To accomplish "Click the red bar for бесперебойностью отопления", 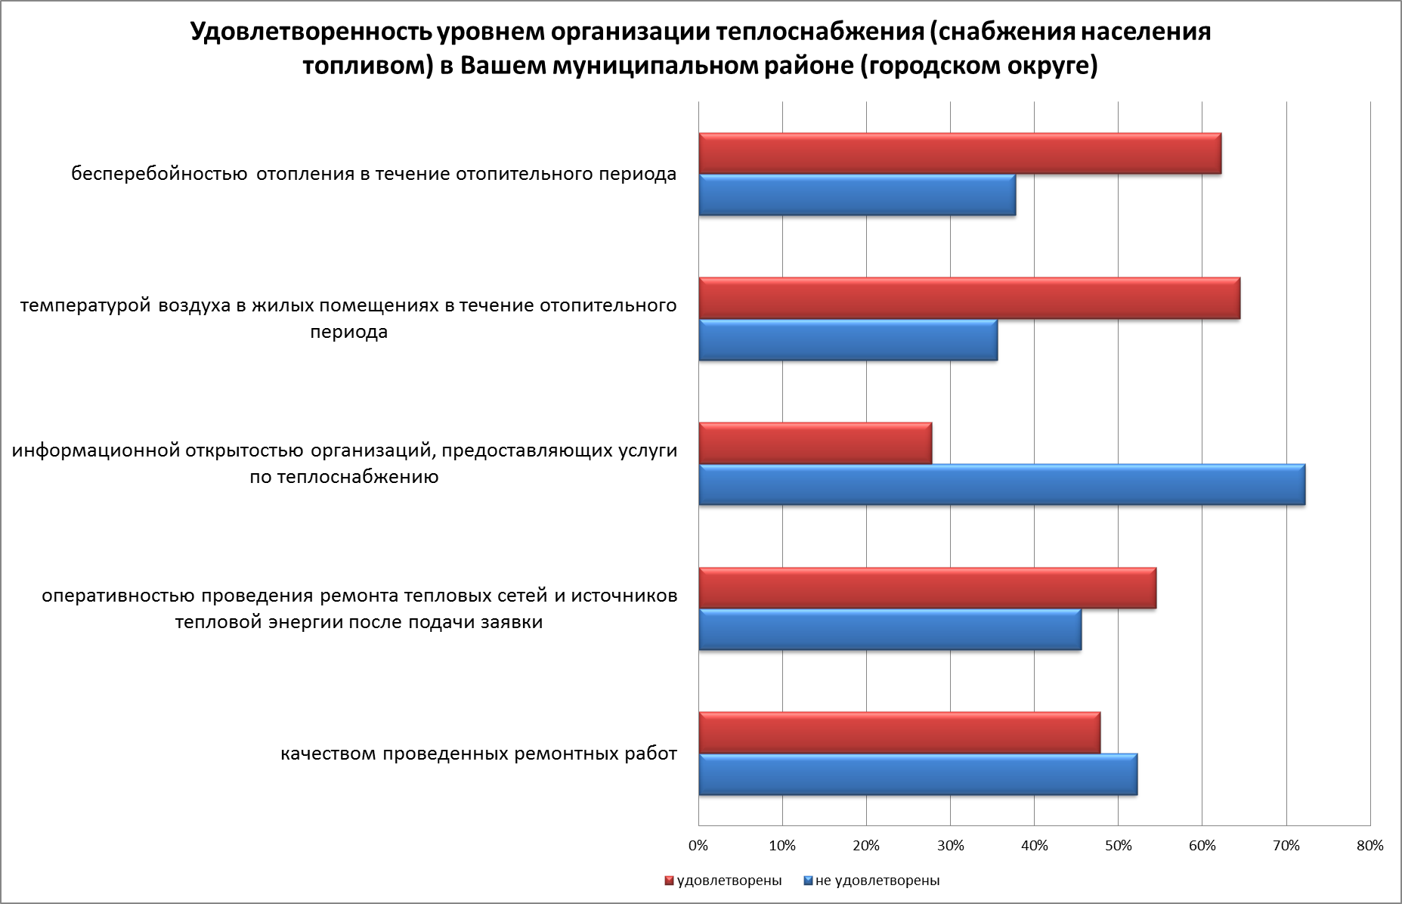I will click(960, 153).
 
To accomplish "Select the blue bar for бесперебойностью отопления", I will click(857, 195).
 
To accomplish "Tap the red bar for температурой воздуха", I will click(969, 299).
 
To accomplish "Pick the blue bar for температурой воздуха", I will click(848, 340).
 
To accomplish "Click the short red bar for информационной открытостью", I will click(815, 443).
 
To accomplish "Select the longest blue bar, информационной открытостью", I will click(1001, 485).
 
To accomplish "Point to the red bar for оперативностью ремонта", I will click(927, 588).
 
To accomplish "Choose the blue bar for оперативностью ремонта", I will click(890, 630).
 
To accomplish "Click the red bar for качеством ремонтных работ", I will click(899, 733).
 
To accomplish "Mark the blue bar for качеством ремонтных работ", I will click(918, 775).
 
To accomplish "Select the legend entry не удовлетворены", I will click(877, 881).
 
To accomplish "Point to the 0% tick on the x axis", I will click(699, 845).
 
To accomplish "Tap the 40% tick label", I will click(1035, 845).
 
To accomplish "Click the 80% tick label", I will click(1370, 845).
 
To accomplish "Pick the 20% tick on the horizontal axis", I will click(867, 845).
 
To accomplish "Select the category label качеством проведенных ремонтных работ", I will click(478, 754).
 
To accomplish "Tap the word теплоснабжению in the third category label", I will click(358, 478).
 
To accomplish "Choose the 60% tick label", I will click(1202, 845).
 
